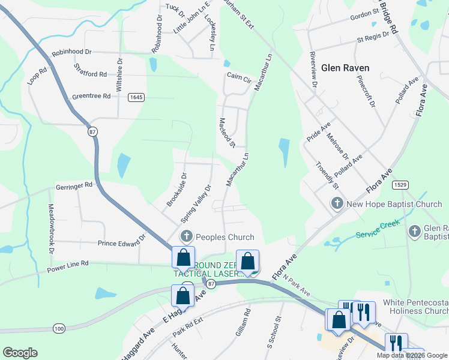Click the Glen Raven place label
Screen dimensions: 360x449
pos(345,68)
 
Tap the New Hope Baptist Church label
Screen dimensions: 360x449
pos(394,204)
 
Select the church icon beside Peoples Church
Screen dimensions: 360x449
pos(187,237)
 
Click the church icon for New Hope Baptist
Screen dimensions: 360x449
pos(337,204)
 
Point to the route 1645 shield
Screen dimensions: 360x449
pos(136,97)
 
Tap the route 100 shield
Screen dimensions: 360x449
pos(59,328)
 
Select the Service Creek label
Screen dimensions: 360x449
pos(377,229)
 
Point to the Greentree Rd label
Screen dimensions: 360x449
pos(91,96)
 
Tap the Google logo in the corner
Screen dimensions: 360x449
pos(20,353)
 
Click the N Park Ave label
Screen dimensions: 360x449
pos(297,287)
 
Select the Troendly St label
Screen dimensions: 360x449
pos(327,175)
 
